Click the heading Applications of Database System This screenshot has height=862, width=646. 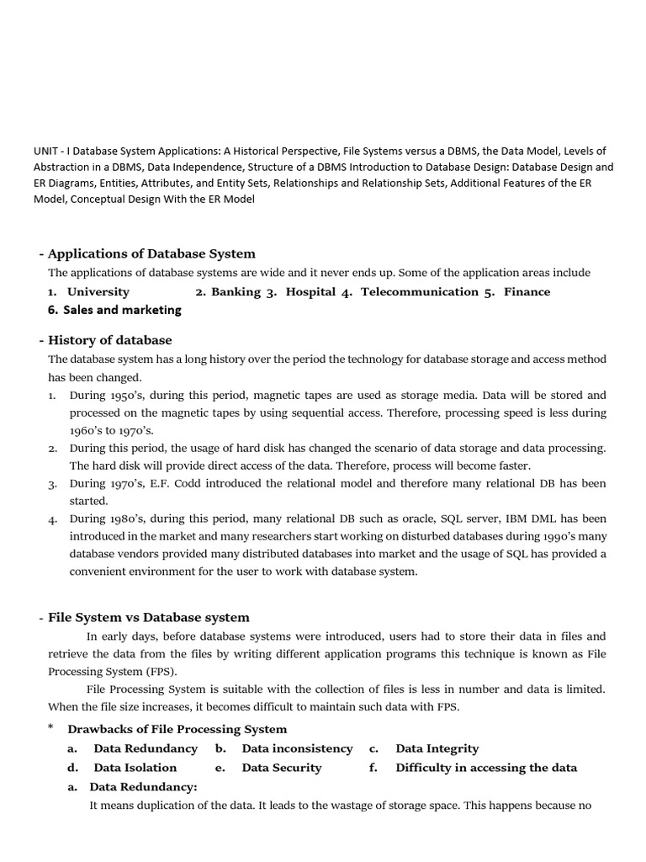[x=151, y=253]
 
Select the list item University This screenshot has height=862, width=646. [x=98, y=291]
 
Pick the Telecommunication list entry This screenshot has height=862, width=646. [x=419, y=291]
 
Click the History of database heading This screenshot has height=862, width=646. [x=109, y=340]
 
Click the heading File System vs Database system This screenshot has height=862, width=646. [x=148, y=617]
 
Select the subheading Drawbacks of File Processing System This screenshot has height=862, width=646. [x=177, y=729]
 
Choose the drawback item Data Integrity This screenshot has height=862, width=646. [x=437, y=748]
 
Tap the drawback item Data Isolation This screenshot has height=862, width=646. [x=135, y=768]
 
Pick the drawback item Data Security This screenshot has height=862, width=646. [x=281, y=768]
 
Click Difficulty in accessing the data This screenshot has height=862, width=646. [x=486, y=768]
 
